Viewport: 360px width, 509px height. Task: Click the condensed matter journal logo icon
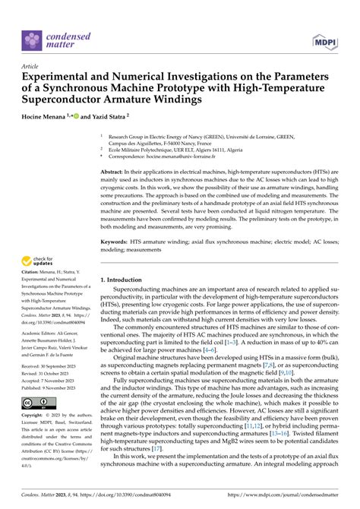(x=34, y=40)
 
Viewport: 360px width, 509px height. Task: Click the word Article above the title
(x=31, y=66)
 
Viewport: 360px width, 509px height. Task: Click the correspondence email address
(x=198, y=162)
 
